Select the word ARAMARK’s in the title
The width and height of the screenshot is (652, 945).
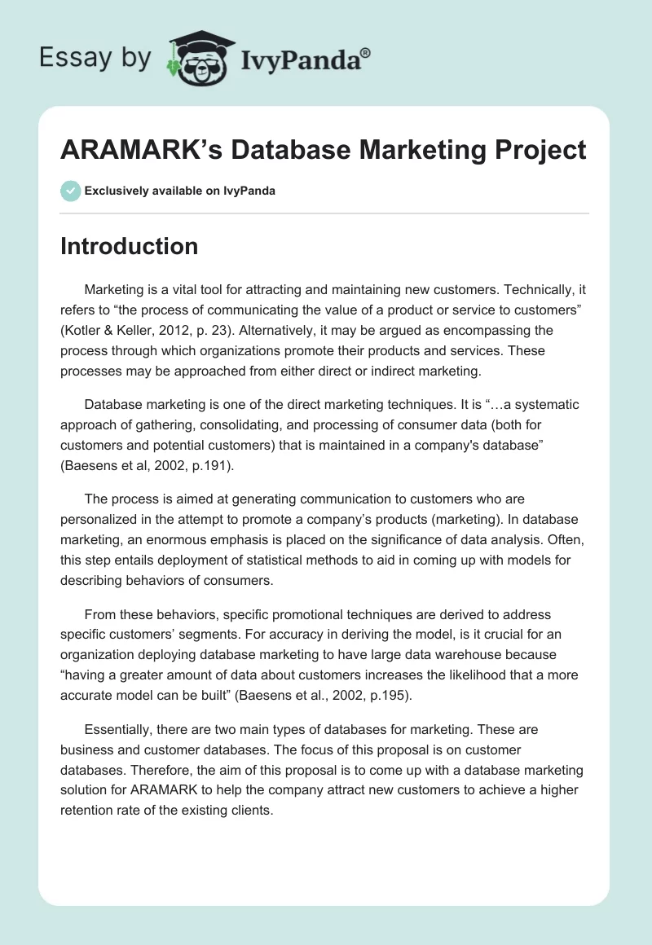click(142, 150)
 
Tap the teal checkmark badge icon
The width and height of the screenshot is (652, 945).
click(70, 191)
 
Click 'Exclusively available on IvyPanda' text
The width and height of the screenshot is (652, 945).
click(180, 191)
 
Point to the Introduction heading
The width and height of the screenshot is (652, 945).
click(129, 246)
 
